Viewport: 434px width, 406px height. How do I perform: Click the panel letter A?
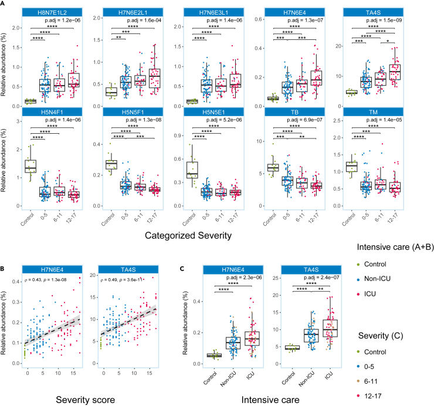coord(4,4)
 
